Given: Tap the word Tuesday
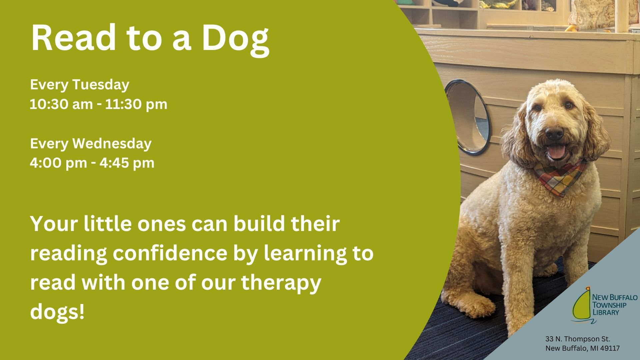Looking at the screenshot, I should [x=100, y=85].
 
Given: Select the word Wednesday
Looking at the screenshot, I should [x=112, y=144].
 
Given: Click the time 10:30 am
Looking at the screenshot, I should [x=61, y=104].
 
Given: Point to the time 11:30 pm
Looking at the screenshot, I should [x=136, y=104].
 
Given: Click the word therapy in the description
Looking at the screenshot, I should [x=281, y=283].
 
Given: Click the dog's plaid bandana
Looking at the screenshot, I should [x=560, y=177].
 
